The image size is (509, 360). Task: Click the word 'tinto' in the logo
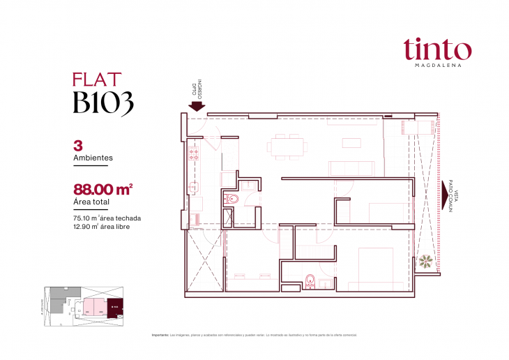[x=436, y=50]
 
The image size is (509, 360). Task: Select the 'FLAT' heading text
[x=97, y=80]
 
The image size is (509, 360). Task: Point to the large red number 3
[x=77, y=147]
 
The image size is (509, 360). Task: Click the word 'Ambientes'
[x=93, y=158]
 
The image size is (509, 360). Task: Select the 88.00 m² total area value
[x=102, y=189]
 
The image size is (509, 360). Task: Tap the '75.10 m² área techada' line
[x=106, y=218]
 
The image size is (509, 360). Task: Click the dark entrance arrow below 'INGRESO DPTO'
[x=197, y=107]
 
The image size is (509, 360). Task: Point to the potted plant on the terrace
[x=425, y=262]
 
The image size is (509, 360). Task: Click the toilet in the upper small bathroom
[x=233, y=200]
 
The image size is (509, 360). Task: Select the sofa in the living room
[x=351, y=168]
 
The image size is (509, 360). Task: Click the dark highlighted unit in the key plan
[x=114, y=306]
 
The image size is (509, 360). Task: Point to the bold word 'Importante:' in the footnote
[x=160, y=335]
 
